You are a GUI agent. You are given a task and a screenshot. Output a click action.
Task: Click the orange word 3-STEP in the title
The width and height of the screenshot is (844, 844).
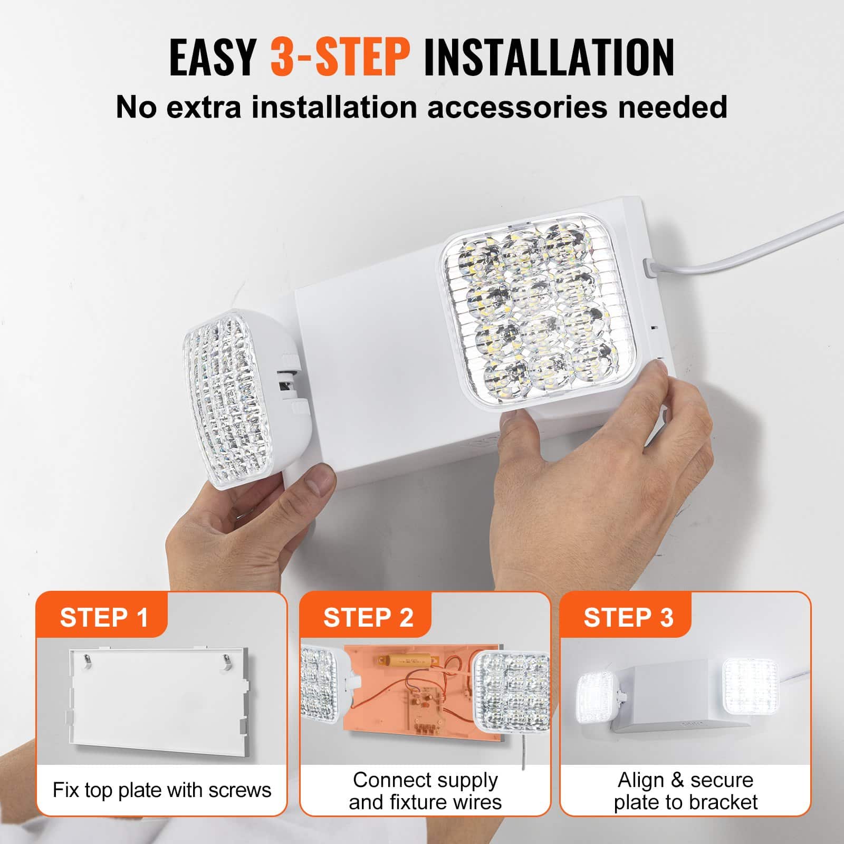[340, 57]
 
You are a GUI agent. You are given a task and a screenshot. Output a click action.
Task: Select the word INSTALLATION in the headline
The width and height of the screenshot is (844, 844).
[549, 57]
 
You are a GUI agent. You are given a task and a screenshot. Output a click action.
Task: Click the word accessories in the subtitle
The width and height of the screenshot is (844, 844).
[517, 107]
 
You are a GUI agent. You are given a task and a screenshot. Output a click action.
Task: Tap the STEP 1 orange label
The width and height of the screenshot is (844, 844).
[104, 617]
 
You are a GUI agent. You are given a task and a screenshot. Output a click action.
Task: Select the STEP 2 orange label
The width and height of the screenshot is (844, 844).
[368, 617]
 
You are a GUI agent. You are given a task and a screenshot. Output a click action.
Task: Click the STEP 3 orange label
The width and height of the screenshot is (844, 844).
[628, 617]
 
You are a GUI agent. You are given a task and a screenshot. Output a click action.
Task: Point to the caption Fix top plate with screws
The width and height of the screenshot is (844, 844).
[162, 790]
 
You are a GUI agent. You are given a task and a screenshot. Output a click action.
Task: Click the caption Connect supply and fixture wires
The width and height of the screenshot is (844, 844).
[425, 791]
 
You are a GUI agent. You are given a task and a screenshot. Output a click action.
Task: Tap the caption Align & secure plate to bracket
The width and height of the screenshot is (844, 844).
[685, 791]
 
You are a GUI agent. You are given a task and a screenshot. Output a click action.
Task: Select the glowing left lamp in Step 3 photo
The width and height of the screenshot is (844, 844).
[596, 695]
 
